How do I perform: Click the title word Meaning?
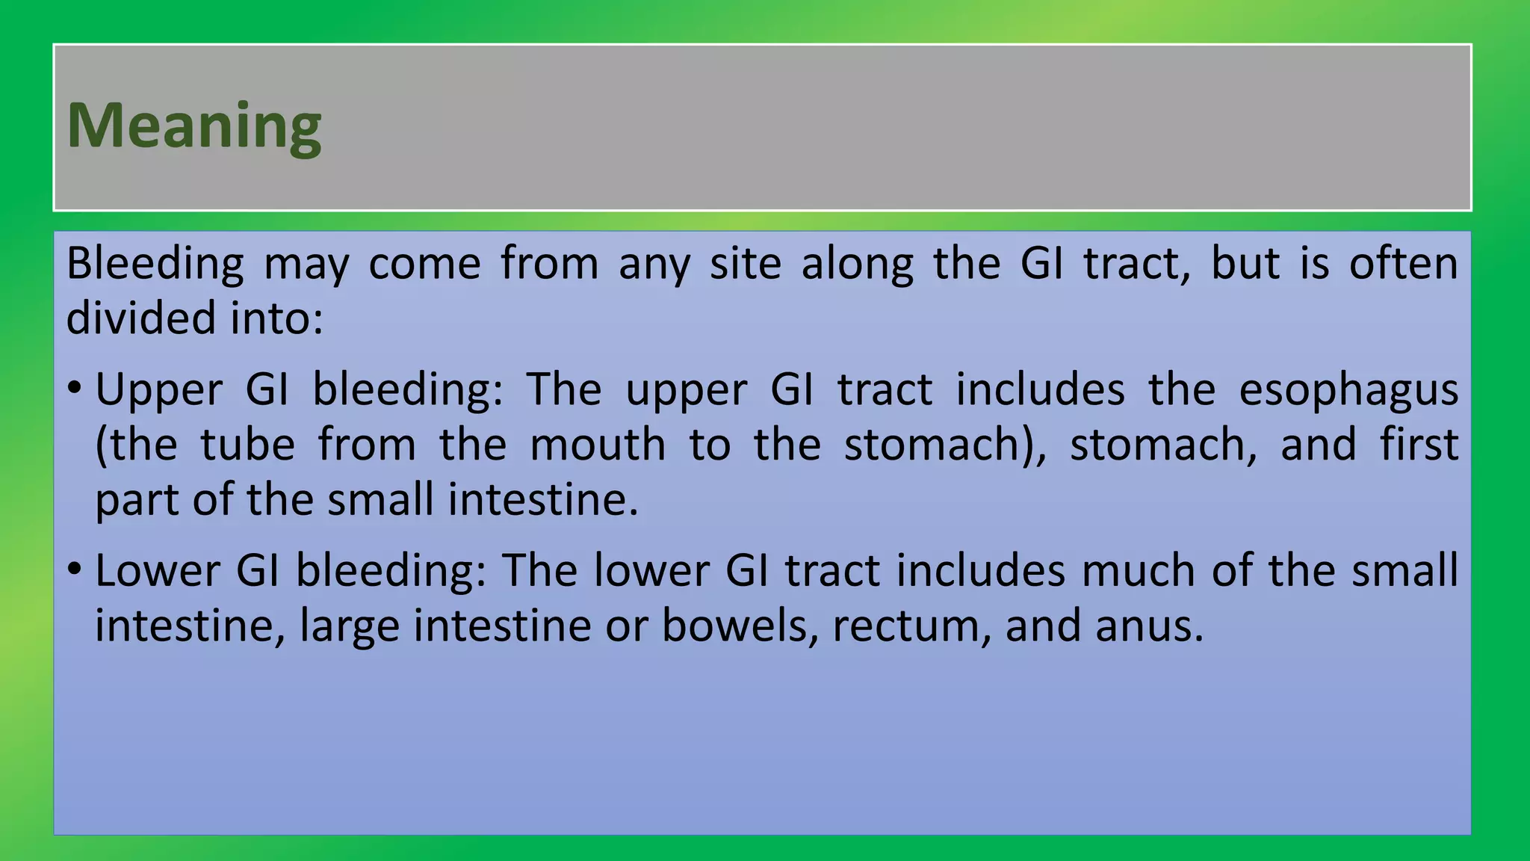tap(194, 126)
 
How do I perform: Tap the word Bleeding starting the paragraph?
tap(155, 264)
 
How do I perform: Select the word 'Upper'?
tap(158, 391)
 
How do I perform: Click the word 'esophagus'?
tap(1348, 391)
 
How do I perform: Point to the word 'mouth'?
tap(597, 445)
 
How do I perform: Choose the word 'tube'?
tap(247, 445)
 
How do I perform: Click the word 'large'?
tap(350, 626)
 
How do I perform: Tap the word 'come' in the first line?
tap(424, 264)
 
